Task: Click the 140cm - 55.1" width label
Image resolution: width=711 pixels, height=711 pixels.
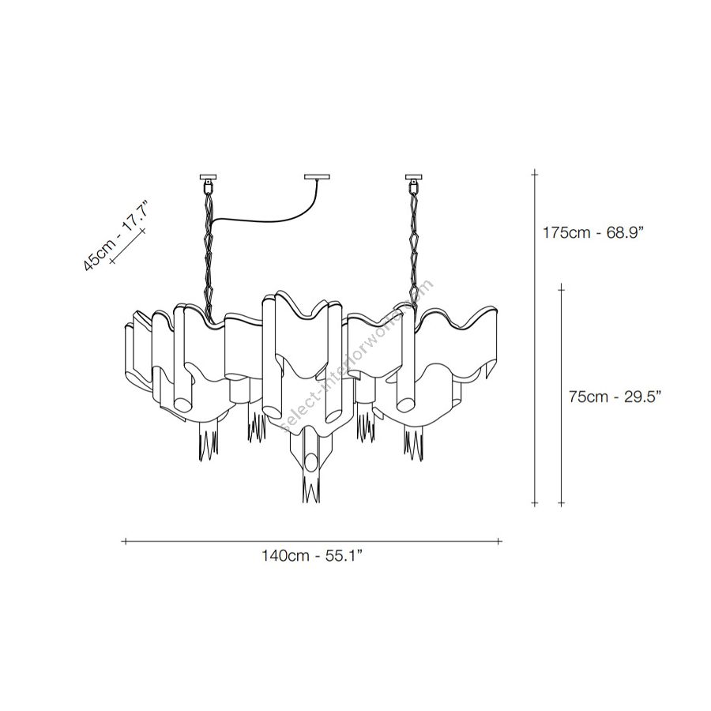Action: pos(311,555)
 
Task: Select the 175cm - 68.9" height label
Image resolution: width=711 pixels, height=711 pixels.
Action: pos(593,233)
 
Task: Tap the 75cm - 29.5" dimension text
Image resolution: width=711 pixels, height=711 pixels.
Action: pos(615,397)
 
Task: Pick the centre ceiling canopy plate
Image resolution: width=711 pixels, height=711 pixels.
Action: pos(317,177)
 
